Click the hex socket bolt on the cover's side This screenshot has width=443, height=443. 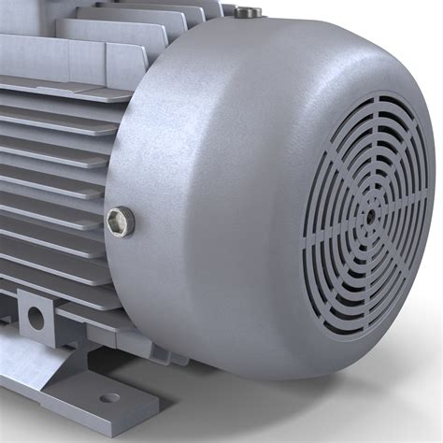point(120,221)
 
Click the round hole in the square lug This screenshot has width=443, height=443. point(35,318)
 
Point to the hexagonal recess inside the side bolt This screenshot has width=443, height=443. point(117,221)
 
